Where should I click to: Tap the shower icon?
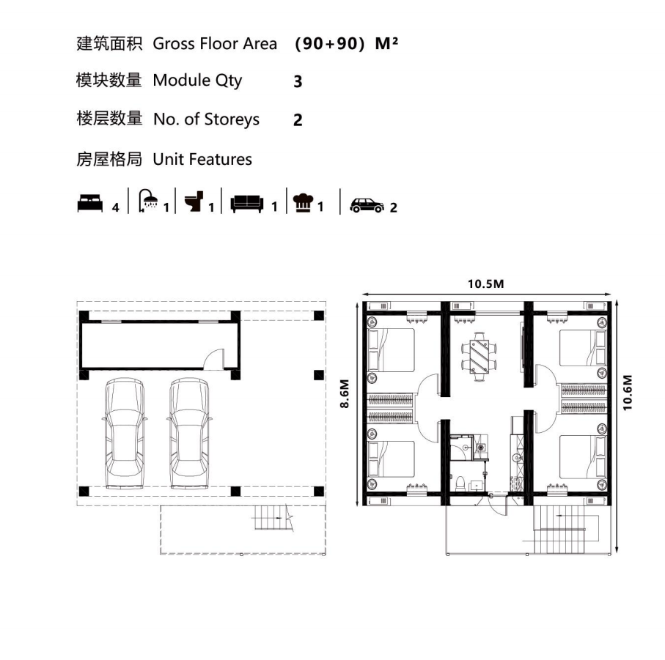(148, 200)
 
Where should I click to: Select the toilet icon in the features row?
(194, 201)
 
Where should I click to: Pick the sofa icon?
(247, 204)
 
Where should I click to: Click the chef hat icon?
(303, 202)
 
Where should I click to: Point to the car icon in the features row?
(367, 205)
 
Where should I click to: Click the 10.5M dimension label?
(485, 283)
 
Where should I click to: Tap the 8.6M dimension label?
(345, 393)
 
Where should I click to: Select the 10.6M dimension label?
(628, 393)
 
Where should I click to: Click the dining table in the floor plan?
(480, 357)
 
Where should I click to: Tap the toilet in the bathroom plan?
(460, 483)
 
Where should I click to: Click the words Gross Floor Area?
(215, 44)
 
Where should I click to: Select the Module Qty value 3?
(298, 81)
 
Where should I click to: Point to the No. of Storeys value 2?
(298, 120)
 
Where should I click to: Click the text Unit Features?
(202, 159)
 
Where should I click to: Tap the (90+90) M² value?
(346, 44)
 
